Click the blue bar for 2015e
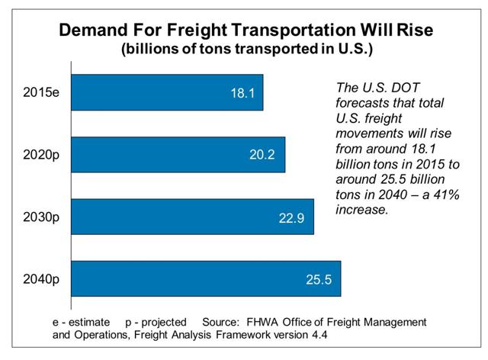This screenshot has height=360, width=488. click(x=167, y=92)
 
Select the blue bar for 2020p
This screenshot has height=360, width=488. click(x=178, y=155)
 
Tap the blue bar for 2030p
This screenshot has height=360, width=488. click(x=193, y=217)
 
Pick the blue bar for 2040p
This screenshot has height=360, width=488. click(x=206, y=278)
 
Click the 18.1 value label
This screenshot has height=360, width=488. click(x=242, y=93)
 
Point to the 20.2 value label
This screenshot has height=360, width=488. click(x=262, y=155)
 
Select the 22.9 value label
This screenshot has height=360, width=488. click(x=291, y=218)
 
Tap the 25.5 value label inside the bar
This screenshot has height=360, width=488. click(x=319, y=279)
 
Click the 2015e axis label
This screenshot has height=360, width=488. click(x=41, y=92)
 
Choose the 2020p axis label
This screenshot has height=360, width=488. click(x=41, y=155)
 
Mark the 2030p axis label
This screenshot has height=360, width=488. click(x=41, y=217)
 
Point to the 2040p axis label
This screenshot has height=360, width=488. click(x=41, y=279)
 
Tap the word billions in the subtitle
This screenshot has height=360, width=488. click(x=151, y=49)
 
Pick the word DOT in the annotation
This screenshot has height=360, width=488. click(x=406, y=88)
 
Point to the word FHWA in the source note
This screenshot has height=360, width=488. click(x=262, y=322)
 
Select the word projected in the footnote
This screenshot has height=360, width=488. click(x=164, y=323)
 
